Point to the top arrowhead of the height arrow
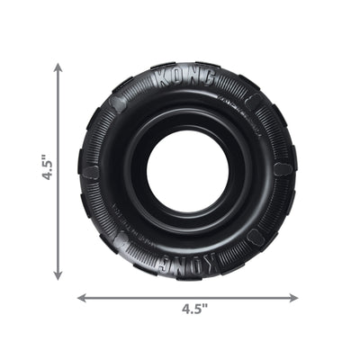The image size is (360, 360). (x=58, y=67)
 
